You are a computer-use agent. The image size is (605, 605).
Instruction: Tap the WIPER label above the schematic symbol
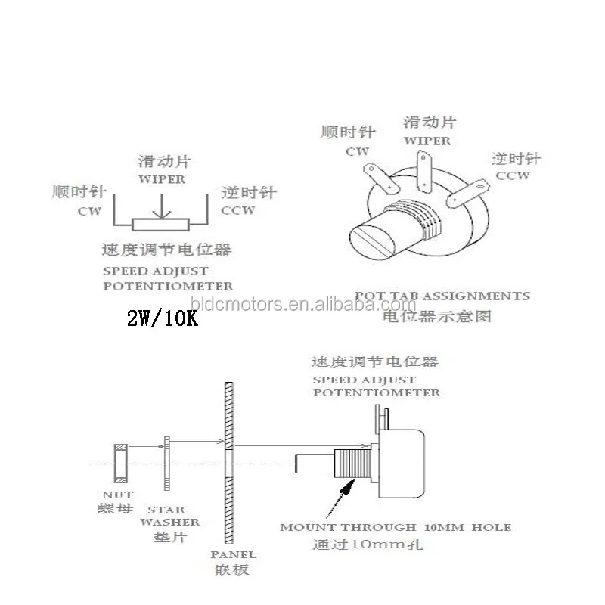162,180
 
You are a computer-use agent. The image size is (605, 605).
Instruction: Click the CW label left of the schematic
89,211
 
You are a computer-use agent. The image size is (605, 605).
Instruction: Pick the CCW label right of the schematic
238,211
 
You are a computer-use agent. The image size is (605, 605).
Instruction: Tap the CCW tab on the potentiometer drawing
463,193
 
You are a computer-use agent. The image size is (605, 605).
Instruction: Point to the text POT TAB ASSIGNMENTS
442,296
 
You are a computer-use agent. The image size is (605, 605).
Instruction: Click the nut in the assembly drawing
120,463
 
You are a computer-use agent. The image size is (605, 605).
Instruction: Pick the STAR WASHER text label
174,516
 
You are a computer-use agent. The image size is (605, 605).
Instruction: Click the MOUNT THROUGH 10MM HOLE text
395,527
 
